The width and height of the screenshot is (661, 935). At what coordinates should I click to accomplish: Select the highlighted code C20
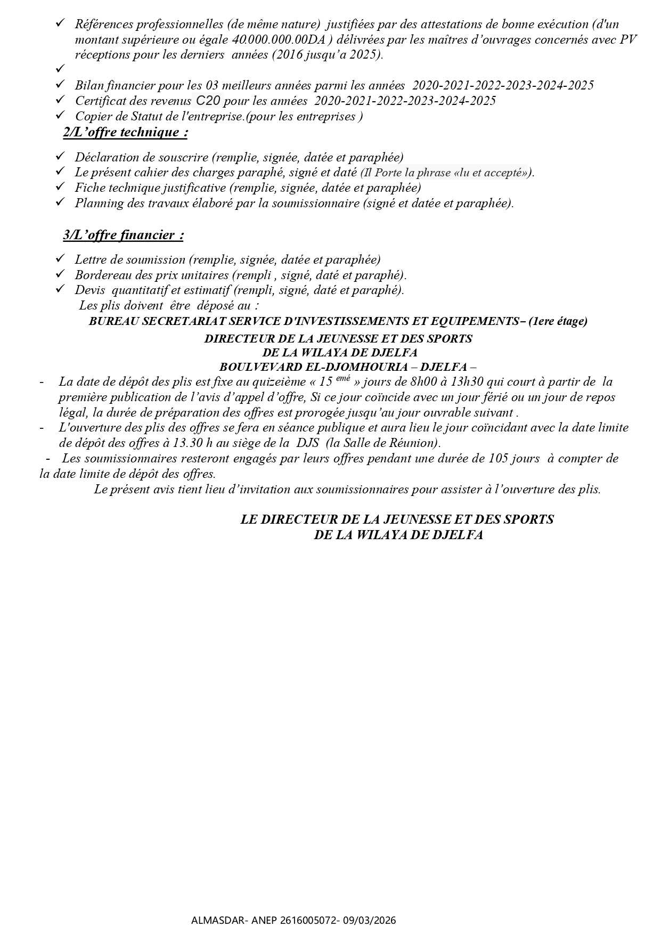(x=208, y=100)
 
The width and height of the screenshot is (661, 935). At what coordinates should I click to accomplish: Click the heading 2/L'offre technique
(x=125, y=133)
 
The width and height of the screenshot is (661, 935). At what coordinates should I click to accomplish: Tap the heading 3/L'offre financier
(x=123, y=235)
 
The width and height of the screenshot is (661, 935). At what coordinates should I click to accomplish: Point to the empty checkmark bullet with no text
(x=60, y=69)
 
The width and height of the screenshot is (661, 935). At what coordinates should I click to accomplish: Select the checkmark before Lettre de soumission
(x=60, y=259)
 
